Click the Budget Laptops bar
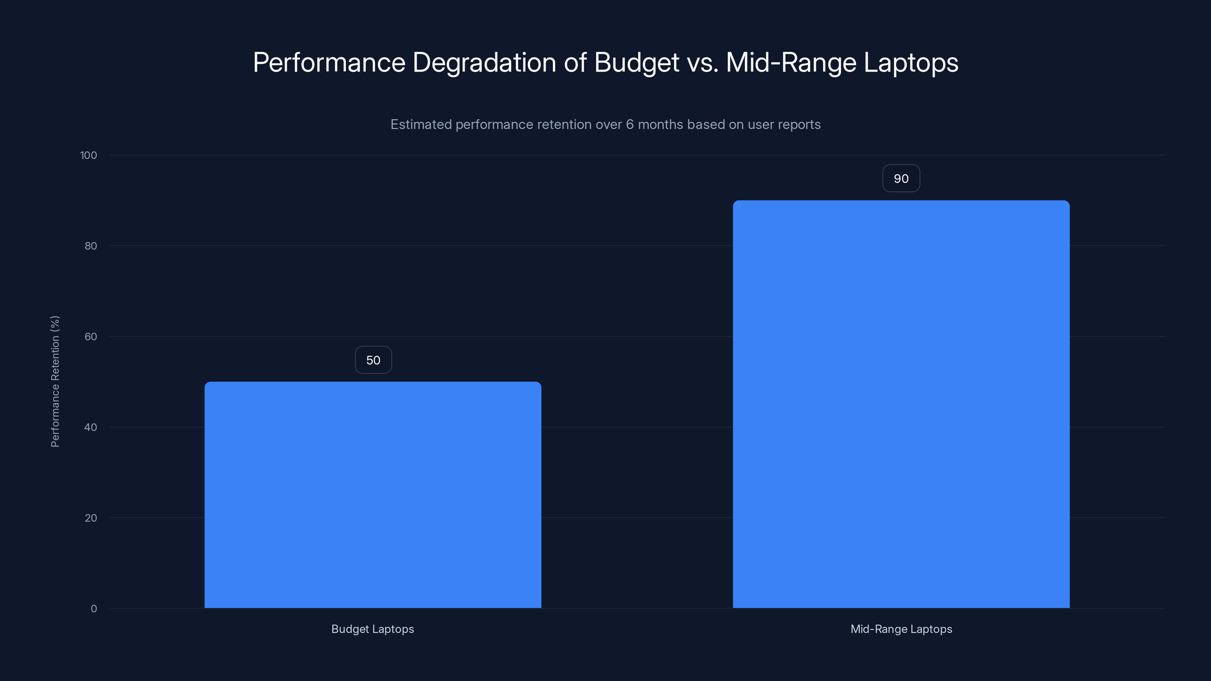(x=373, y=494)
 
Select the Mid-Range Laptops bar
(x=901, y=404)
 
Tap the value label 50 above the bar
(x=373, y=360)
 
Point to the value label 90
(x=901, y=179)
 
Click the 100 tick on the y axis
(x=89, y=155)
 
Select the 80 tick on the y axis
(x=91, y=246)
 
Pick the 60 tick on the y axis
(x=91, y=336)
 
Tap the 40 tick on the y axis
(x=91, y=427)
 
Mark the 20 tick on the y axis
(x=91, y=518)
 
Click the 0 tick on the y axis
(x=93, y=609)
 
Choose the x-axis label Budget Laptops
(x=372, y=629)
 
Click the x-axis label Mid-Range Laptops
(x=901, y=629)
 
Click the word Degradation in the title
(x=484, y=62)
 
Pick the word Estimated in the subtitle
(x=421, y=124)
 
